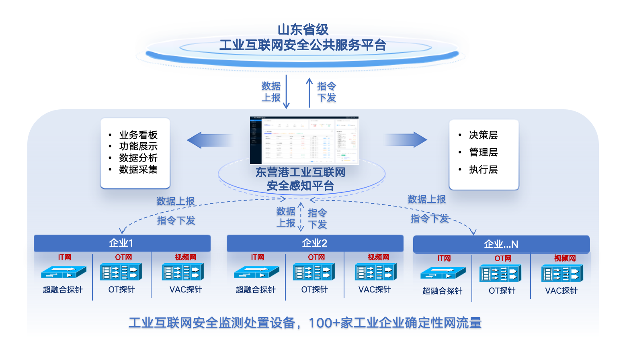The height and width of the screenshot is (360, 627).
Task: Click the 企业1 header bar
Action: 122,243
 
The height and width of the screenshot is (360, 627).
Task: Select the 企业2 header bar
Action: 315,243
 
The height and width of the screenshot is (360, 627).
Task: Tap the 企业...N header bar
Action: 501,244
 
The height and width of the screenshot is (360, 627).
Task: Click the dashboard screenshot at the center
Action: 304,140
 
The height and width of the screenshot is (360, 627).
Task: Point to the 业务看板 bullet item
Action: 138,135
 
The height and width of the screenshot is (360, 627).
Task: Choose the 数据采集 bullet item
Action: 138,170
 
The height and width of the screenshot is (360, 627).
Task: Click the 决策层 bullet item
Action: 483,135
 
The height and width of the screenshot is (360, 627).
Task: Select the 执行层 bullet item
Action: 483,170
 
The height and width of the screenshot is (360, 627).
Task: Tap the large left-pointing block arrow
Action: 210,140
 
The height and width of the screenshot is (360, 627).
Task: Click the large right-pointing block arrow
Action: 406,139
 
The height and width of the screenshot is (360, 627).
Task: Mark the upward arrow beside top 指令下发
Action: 309,92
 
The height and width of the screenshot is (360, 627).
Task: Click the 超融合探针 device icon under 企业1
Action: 64,272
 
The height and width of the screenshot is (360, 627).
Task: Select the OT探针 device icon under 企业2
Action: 314,272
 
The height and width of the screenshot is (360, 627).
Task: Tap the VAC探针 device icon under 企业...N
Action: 562,274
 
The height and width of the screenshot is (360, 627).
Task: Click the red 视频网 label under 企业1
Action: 185,257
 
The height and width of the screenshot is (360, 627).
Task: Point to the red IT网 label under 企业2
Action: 257,257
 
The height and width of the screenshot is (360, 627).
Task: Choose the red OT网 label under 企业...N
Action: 503,258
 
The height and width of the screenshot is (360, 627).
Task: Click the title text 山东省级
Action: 303,29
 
